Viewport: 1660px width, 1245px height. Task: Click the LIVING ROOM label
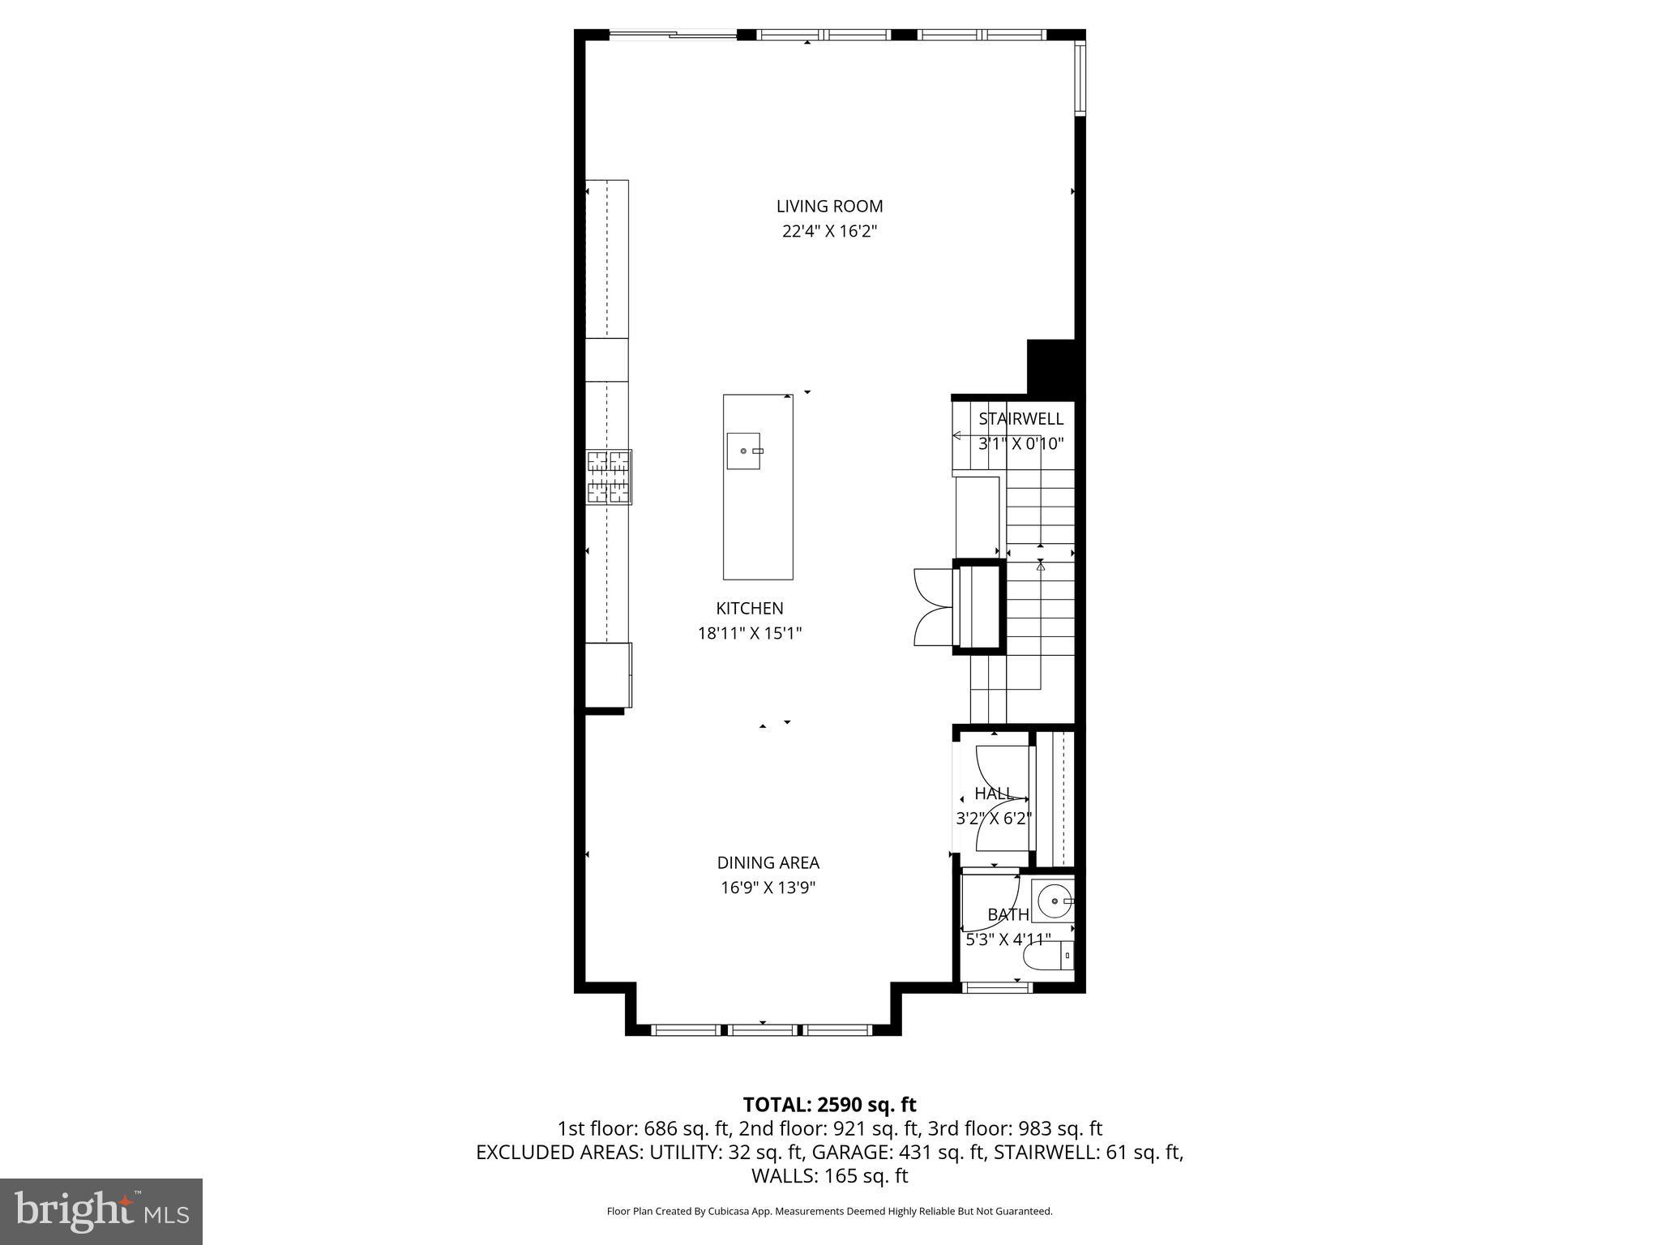pyautogui.click(x=829, y=206)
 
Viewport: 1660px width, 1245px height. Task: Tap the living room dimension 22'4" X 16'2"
pyautogui.click(x=829, y=231)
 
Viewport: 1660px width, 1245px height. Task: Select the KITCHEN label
pyautogui.click(x=749, y=608)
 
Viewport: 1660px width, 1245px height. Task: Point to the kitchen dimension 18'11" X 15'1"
pyautogui.click(x=749, y=633)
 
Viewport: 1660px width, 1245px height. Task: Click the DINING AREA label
pyautogui.click(x=768, y=862)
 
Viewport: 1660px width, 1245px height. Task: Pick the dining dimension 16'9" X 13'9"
pyautogui.click(x=768, y=888)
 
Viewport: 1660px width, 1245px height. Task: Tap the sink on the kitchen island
pyautogui.click(x=743, y=451)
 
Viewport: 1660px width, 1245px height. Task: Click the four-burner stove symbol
pyautogui.click(x=609, y=477)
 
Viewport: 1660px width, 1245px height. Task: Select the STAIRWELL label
pyautogui.click(x=1020, y=419)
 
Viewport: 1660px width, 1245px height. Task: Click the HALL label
pyautogui.click(x=993, y=794)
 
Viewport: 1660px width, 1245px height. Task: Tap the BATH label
pyautogui.click(x=1008, y=914)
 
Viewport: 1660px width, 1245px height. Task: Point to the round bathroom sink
pyautogui.click(x=1053, y=901)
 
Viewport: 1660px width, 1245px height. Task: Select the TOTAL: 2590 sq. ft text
pyautogui.click(x=829, y=1105)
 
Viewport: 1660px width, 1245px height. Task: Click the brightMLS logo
pyautogui.click(x=101, y=1211)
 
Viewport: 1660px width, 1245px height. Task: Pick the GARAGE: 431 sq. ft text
pyautogui.click(x=898, y=1152)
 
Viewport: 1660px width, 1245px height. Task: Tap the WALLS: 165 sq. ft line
pyautogui.click(x=829, y=1176)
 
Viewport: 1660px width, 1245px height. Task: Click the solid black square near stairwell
pyautogui.click(x=1050, y=366)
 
